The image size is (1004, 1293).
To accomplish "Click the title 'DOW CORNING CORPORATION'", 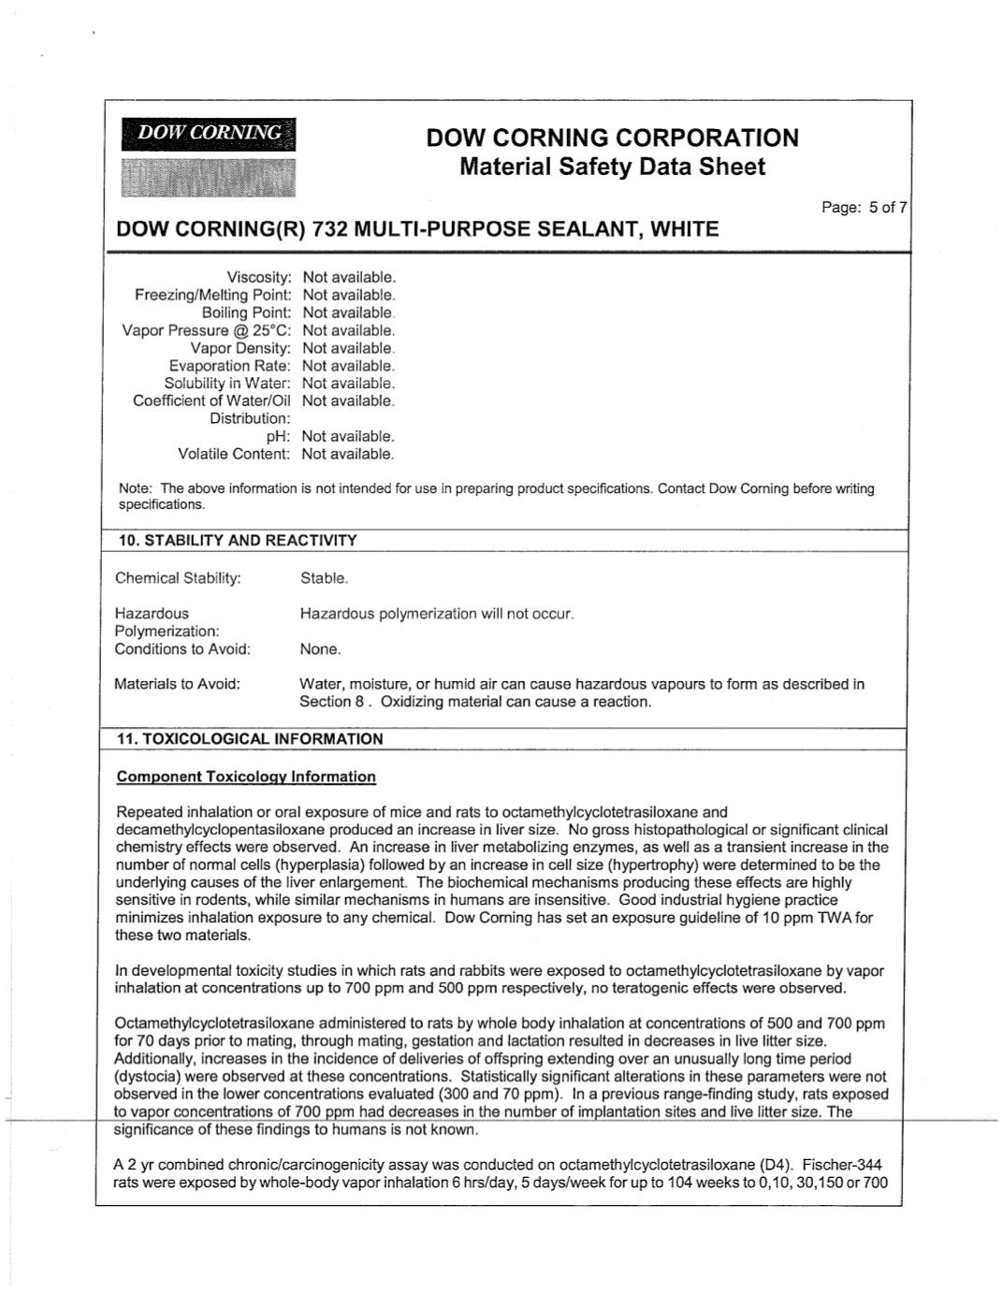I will click(x=612, y=138).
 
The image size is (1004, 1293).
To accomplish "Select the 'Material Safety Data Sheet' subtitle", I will click(x=612, y=167).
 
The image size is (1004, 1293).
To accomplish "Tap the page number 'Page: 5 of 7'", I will click(x=864, y=208).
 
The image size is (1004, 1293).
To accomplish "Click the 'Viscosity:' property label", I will click(x=259, y=278).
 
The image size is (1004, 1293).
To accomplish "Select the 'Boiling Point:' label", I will click(x=246, y=312).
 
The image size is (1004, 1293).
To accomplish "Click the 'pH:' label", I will click(x=280, y=436).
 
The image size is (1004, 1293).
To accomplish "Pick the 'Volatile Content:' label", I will click(x=234, y=454).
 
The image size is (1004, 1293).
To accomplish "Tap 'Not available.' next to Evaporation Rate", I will click(x=348, y=366).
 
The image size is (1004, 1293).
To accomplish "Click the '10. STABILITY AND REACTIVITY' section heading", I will click(x=238, y=541).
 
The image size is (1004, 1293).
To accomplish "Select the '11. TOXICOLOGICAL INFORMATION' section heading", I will click(x=250, y=739).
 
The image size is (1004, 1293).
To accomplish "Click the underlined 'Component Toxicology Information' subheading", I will click(x=246, y=777).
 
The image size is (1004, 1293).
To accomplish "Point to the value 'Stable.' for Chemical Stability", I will click(x=324, y=578).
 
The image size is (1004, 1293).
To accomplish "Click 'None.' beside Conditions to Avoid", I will click(x=320, y=649).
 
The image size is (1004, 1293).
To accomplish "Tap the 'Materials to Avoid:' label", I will click(x=177, y=684).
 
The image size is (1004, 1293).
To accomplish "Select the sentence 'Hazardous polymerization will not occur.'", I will click(x=436, y=614).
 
